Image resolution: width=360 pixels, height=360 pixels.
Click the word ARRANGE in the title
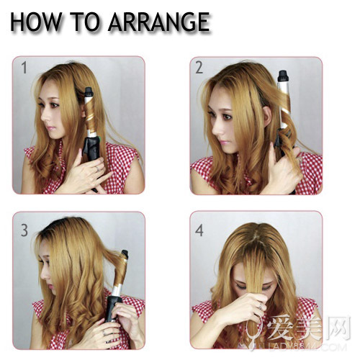pos(159,22)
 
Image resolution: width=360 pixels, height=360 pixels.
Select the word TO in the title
pos(85,22)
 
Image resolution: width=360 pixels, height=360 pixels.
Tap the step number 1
pos(24,68)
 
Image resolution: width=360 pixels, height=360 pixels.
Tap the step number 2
pos(199,68)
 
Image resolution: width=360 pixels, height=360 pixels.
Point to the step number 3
pos(24,230)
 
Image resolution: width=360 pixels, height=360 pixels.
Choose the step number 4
pos(199,230)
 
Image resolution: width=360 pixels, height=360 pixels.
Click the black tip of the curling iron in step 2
pos(283,76)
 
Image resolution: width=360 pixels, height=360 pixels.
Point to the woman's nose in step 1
pos(45,117)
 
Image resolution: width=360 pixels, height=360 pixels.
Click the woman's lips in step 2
pos(222,142)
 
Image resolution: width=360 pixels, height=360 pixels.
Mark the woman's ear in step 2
pos(267,117)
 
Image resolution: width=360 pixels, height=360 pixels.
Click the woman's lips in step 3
pos(50,286)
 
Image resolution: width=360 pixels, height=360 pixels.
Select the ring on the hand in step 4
pos(261,306)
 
